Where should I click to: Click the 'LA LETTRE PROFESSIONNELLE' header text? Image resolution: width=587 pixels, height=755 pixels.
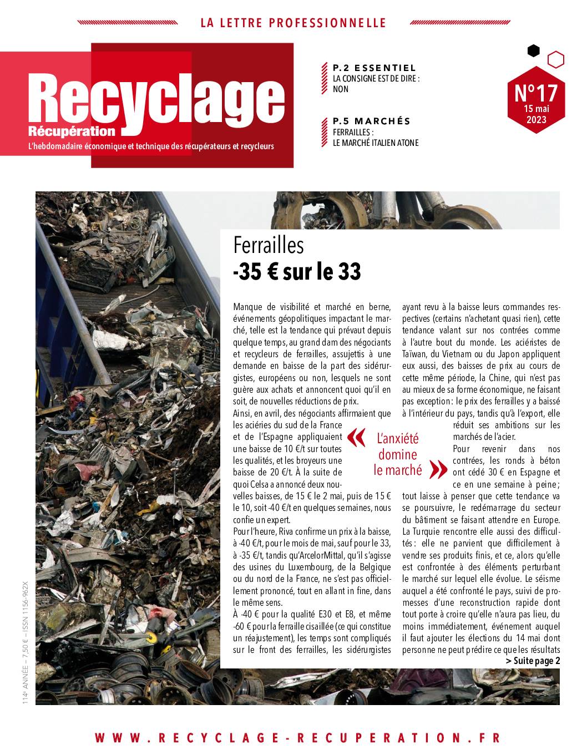pos(293,23)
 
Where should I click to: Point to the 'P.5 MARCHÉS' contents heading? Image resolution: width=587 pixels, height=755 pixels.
pos(372,121)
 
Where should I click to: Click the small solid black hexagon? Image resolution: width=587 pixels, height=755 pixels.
pos(533,51)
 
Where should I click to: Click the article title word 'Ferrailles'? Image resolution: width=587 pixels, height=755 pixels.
pos(269,245)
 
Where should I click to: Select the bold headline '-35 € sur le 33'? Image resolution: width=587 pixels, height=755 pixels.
pos(297,272)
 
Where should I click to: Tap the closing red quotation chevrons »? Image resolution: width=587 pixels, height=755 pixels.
pos(438,470)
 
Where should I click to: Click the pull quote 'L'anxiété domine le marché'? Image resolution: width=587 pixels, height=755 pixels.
pos(397,454)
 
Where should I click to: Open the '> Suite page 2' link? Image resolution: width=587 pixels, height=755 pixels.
pos(533,661)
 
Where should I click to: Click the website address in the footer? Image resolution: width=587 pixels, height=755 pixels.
pos(297,738)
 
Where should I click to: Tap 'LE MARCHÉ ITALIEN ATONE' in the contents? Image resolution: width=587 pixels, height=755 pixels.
pos(376,143)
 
